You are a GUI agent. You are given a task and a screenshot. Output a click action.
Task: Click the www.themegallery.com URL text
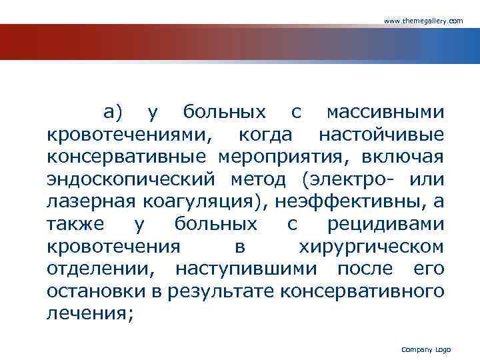pos(423,21)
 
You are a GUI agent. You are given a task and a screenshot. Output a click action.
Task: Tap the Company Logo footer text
pos(426,350)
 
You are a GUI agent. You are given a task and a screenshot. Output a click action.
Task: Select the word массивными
pos(386,111)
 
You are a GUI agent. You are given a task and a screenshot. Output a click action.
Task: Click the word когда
pos(265,134)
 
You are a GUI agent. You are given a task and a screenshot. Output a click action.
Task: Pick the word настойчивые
pos(381,134)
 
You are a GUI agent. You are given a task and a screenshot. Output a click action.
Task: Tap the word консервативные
pos(127,157)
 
